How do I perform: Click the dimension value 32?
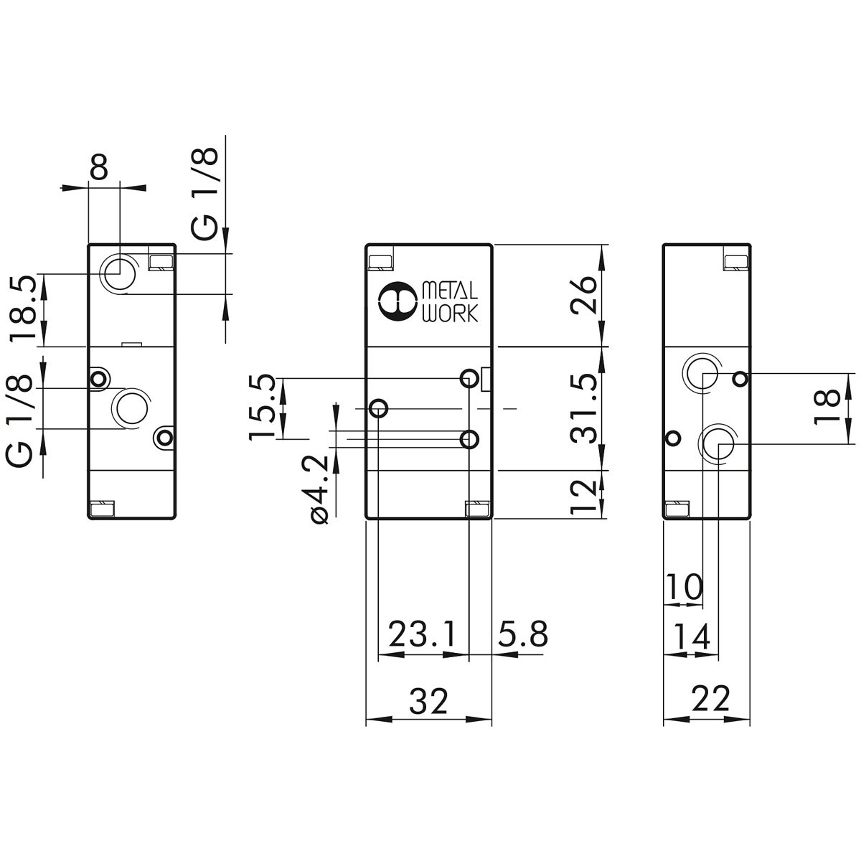[x=428, y=700]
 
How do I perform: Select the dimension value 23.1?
[x=423, y=634]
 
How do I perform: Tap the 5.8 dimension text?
[x=522, y=634]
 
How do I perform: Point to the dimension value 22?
[x=710, y=698]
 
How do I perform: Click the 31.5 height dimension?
[x=584, y=408]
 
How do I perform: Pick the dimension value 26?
[x=584, y=296]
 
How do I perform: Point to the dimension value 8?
[x=99, y=166]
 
